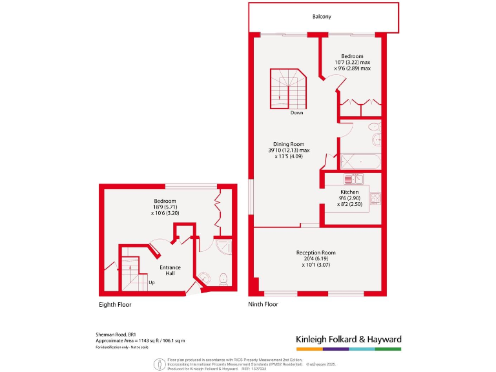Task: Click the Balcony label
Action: pos(323,17)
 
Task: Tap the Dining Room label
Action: pos(288,144)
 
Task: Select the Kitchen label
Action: pos(349,192)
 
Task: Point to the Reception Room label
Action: pos(316,252)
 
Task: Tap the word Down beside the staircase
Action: pos(296,113)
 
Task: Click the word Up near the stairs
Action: pos(152,282)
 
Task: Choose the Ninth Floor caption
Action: pos(263,304)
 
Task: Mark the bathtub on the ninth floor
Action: pos(360,160)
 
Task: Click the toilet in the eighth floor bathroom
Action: pos(223,279)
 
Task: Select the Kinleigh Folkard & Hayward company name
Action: pos(348,339)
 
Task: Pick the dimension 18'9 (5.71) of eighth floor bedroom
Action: pos(165,207)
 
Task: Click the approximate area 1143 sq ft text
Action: pos(130,341)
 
